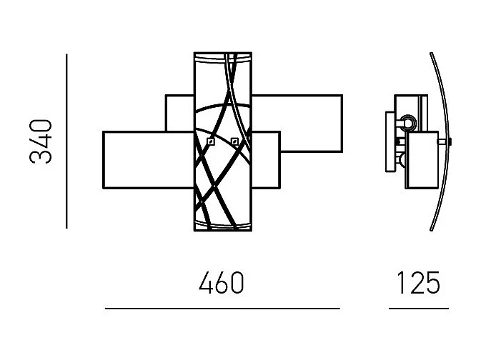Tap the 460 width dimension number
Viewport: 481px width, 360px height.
[x=222, y=284]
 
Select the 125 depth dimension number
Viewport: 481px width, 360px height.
[x=418, y=284]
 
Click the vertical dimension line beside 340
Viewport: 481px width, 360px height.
[x=66, y=141]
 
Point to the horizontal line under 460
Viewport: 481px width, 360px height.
[x=222, y=309]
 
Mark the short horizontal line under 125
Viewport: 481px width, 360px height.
[x=418, y=309]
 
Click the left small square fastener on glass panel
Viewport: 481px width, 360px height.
[x=210, y=142]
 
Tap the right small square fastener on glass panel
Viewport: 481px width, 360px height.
[x=234, y=140]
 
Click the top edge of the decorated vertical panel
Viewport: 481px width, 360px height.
[x=223, y=52]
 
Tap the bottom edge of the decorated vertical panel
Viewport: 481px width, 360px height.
[x=223, y=231]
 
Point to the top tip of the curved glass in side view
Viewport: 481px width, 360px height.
[x=431, y=54]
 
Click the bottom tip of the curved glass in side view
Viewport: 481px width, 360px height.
[x=430, y=231]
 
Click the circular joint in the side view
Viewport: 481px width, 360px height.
[x=409, y=122]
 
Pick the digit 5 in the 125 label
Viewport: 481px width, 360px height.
[x=431, y=284]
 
